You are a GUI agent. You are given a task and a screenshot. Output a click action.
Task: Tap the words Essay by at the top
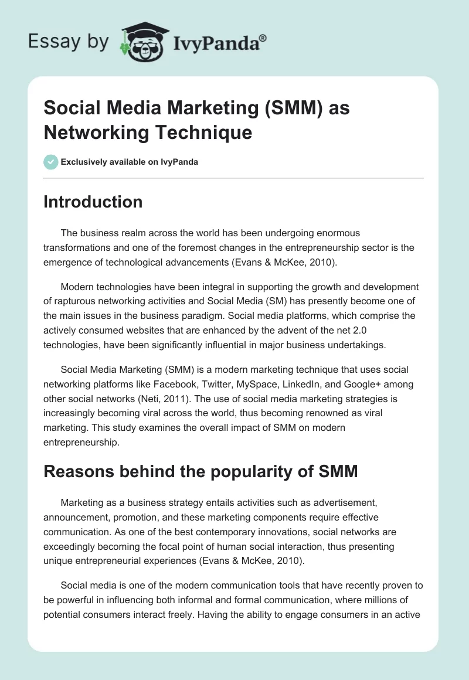pyautogui.click(x=69, y=42)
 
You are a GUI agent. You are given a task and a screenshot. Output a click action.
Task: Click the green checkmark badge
pyautogui.click(x=50, y=162)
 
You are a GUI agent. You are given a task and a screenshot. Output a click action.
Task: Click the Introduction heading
pyautogui.click(x=93, y=202)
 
